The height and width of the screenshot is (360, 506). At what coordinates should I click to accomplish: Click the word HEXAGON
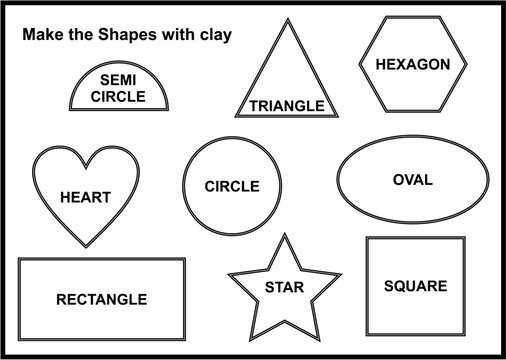[412, 64]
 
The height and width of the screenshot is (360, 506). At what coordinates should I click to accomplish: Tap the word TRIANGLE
[287, 105]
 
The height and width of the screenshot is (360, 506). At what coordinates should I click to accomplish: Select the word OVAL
[412, 180]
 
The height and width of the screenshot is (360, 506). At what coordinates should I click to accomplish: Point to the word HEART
[85, 197]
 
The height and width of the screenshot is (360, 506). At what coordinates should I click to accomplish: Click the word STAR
[277, 287]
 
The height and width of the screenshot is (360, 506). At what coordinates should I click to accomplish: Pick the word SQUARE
[415, 286]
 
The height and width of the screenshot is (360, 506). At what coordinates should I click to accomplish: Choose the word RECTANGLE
[101, 299]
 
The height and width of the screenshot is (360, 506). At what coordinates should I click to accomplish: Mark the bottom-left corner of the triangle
[235, 115]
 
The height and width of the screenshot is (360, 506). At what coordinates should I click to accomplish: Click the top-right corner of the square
[464, 237]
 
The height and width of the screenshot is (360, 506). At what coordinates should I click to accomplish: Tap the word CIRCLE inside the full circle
[231, 186]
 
